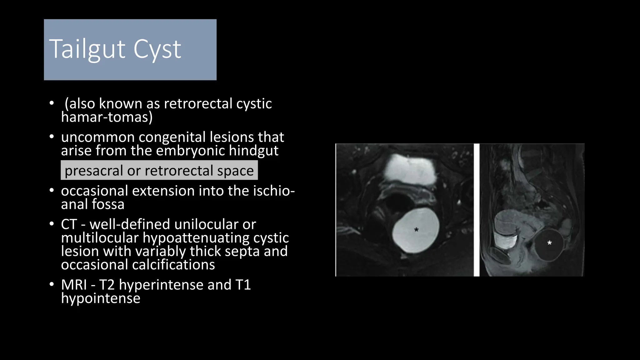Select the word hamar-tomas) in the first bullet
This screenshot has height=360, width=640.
[x=107, y=117]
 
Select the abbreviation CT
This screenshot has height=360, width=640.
[x=69, y=224]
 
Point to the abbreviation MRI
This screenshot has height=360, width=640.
[x=74, y=285]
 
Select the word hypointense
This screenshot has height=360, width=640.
[x=101, y=298]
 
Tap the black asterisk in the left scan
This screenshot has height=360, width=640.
[x=416, y=230]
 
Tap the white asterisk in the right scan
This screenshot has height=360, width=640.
[x=549, y=243]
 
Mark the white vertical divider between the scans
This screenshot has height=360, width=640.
[x=476, y=210]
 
